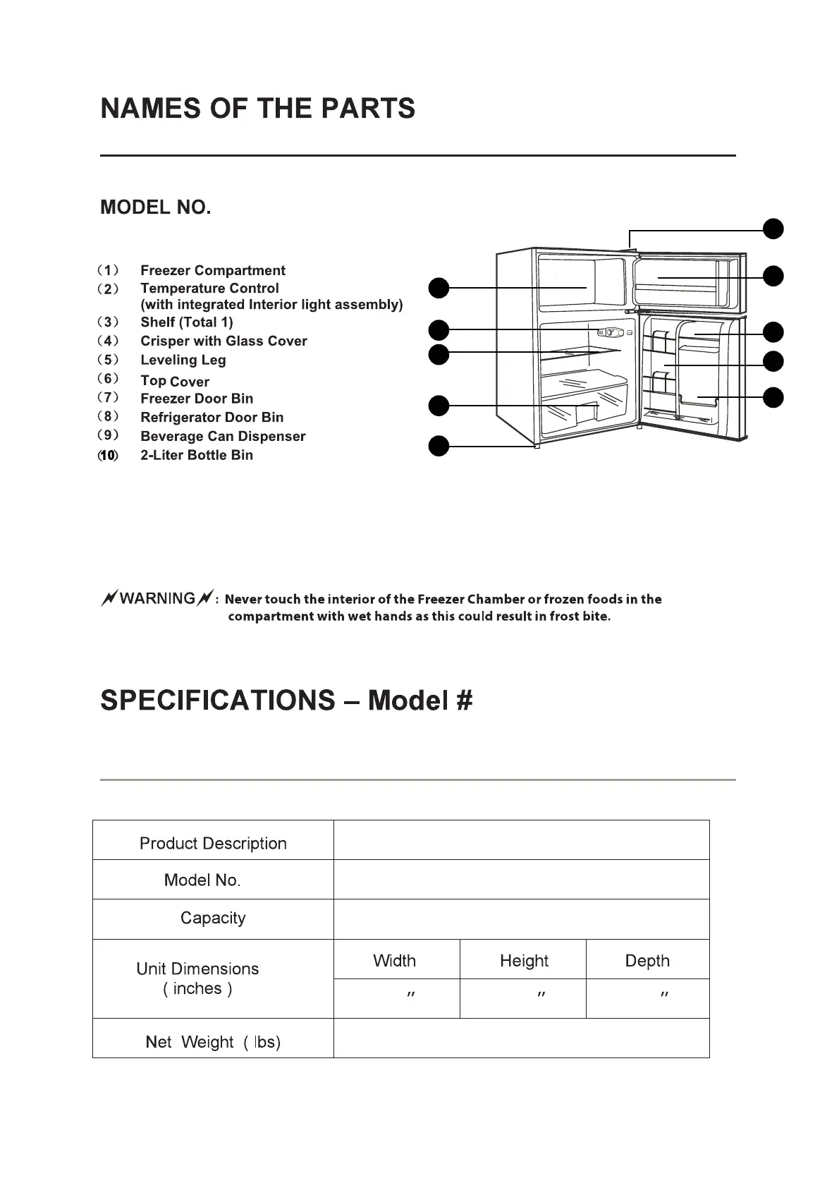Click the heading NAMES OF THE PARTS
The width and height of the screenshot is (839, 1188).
point(258,109)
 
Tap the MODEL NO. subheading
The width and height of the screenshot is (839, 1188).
point(156,207)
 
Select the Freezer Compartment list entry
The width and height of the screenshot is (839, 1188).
point(212,270)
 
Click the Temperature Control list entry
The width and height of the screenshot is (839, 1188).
point(209,289)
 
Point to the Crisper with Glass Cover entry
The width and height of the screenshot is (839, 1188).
point(223,341)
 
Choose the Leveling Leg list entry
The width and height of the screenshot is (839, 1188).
point(183,360)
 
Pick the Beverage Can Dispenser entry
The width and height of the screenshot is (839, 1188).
point(223,437)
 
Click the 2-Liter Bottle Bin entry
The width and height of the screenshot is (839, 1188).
point(196,455)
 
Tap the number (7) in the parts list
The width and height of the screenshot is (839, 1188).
point(108,398)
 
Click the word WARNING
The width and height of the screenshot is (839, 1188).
point(157,599)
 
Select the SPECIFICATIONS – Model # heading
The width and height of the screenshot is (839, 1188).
point(286,701)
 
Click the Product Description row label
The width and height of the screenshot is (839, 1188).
point(213,844)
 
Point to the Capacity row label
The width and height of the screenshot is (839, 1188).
point(213,918)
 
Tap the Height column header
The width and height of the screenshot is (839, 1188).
point(524,961)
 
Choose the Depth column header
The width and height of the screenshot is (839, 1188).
point(647,961)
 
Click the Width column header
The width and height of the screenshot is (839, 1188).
point(394,961)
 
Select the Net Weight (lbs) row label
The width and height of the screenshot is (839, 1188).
point(213,1042)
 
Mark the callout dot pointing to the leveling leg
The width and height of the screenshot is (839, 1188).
point(439,447)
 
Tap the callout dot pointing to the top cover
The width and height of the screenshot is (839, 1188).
point(773,229)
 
